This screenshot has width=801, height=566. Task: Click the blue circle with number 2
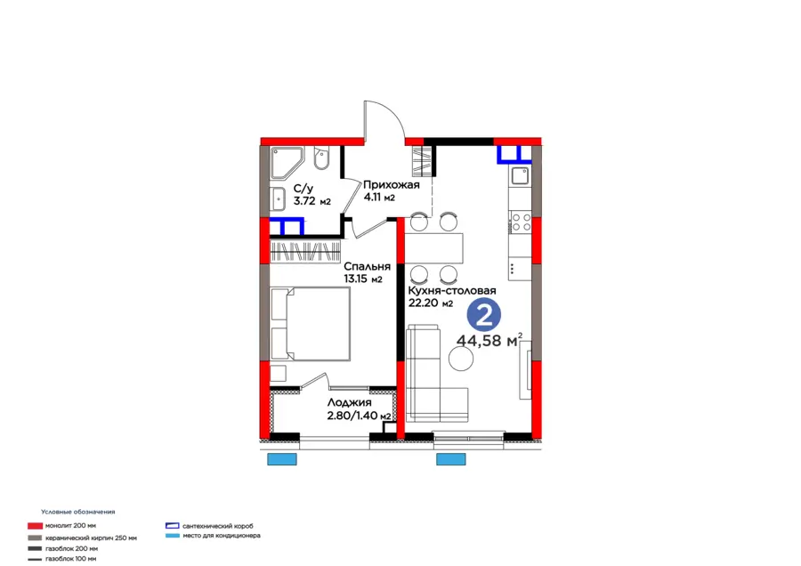tap(484, 315)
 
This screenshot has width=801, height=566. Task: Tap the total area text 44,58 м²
tap(489, 340)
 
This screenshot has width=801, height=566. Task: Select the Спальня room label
tap(367, 267)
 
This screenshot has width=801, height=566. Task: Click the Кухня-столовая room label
tap(451, 291)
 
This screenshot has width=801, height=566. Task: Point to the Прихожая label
tap(392, 185)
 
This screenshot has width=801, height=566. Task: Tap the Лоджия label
tap(350, 403)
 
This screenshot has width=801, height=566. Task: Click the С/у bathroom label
tap(303, 190)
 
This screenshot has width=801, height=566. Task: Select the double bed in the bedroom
tap(311, 324)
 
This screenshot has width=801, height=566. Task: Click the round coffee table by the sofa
tap(461, 359)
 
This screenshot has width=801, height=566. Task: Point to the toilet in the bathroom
tap(321, 159)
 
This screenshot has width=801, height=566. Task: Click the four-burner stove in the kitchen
tap(520, 222)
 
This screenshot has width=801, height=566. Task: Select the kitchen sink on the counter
tap(520, 176)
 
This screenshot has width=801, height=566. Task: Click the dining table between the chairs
tap(434, 248)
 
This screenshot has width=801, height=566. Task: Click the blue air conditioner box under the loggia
tap(282, 459)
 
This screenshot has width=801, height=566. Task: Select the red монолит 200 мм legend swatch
tap(35, 526)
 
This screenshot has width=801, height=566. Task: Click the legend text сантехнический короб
tap(218, 526)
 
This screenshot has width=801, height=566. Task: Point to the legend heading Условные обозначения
tap(78, 512)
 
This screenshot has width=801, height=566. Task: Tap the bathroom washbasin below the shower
tap(279, 199)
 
